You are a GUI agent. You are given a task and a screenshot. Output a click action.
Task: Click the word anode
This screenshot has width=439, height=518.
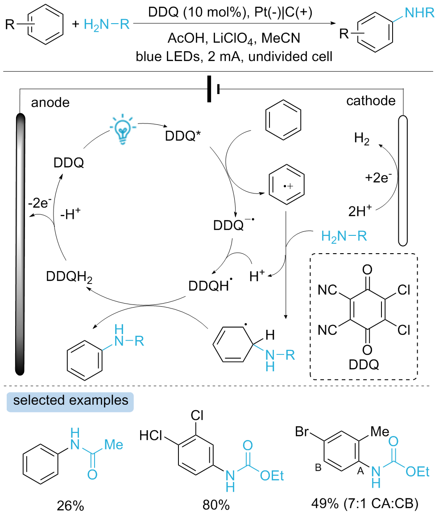point(50,103)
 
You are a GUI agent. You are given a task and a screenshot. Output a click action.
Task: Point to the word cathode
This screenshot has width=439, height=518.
point(371,101)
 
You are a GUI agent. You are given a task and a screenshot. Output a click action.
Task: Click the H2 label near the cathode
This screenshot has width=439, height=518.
point(362,139)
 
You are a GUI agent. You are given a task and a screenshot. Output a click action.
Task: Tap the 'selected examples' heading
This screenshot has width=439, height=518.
point(71,400)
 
